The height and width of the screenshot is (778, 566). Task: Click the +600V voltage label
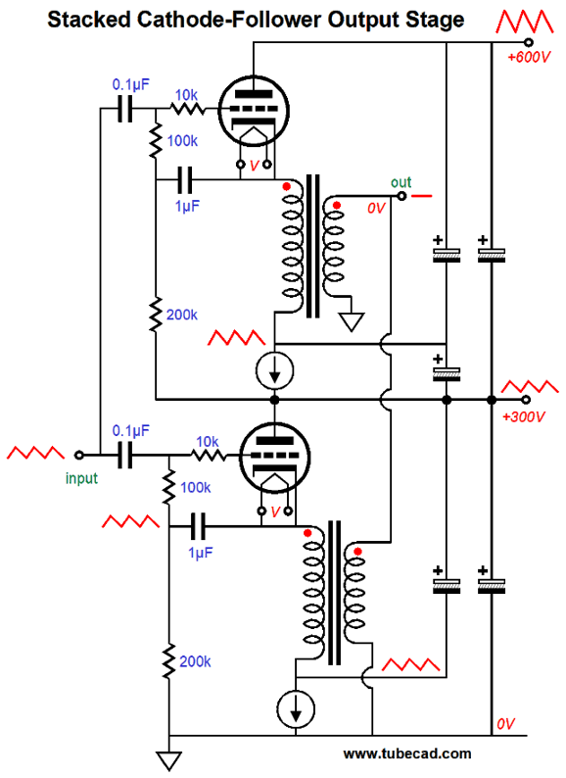tap(529, 57)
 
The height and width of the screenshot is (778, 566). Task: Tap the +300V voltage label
tap(523, 416)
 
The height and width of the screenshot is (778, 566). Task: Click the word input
tap(81, 478)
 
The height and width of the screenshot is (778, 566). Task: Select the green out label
tap(401, 182)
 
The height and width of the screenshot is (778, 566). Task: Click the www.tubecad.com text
tap(407, 754)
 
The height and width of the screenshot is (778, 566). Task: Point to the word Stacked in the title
tap(89, 20)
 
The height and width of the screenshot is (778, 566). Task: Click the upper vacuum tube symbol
tap(254, 110)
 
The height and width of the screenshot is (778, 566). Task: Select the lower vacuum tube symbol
tap(275, 457)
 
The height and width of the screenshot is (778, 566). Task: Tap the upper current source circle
tap(275, 370)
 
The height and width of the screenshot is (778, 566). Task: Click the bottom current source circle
tap(296, 709)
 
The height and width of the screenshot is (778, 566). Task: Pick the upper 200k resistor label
tap(182, 315)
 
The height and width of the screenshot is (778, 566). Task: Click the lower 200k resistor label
tap(195, 661)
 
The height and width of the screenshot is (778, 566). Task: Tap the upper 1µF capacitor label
tap(187, 206)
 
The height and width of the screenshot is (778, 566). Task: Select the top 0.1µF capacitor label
tap(130, 84)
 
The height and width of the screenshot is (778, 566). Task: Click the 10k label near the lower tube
tap(208, 441)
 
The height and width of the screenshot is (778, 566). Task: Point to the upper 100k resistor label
tap(182, 141)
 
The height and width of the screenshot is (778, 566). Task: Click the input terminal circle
tap(79, 455)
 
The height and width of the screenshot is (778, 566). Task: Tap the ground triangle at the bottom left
tap(169, 760)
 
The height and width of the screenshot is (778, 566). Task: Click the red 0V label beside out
tap(376, 209)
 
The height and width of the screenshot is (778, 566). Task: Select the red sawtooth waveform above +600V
tap(525, 22)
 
